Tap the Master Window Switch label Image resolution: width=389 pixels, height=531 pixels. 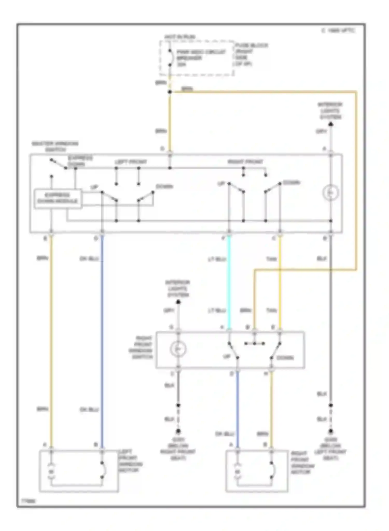point(55,146)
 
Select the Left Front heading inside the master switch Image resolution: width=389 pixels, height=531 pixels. point(131,162)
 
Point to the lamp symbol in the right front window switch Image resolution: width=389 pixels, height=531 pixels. point(178,349)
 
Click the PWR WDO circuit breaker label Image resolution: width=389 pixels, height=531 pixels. point(201,58)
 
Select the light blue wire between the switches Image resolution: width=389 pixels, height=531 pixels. point(229,283)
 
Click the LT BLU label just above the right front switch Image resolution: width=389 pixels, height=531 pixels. point(217,311)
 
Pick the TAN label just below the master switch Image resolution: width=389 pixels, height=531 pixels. point(271,259)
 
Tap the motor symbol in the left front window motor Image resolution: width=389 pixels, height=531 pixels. point(51,472)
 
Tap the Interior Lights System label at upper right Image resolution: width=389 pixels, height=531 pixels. point(330,111)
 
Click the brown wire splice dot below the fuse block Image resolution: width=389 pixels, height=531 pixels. point(170,92)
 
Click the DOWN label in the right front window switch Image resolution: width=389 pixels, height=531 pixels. point(285,358)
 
